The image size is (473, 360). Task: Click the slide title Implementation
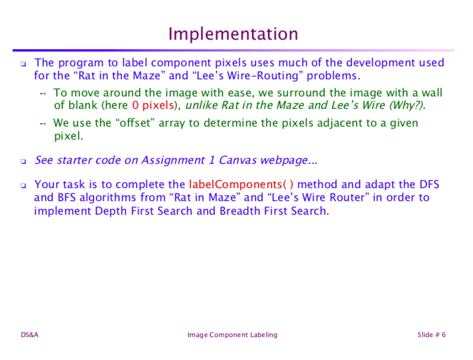[x=233, y=33]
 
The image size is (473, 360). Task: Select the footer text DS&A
[x=30, y=335]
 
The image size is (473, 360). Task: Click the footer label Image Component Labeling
[x=232, y=335]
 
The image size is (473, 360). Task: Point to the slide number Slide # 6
[x=431, y=335]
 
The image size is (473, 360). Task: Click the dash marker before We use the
[x=43, y=124]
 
